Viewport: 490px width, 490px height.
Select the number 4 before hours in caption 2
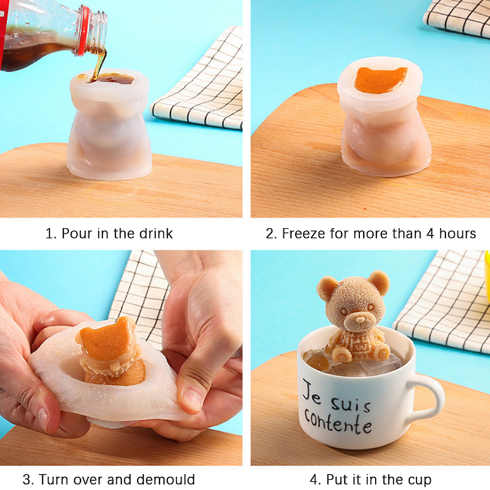[431, 233]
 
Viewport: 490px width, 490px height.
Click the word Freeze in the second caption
[303, 233]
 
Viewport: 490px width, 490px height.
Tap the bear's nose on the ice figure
[360, 320]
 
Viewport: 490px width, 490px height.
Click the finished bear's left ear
[327, 287]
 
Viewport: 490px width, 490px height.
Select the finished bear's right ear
[379, 282]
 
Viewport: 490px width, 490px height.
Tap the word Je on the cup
[313, 391]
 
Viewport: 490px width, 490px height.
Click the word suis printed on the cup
[351, 404]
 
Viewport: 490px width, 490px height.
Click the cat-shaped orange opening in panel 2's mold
[380, 80]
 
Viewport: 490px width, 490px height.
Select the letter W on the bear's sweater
[358, 347]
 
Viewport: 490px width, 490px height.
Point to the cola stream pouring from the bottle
[99, 64]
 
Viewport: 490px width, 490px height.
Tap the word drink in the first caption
[156, 233]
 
